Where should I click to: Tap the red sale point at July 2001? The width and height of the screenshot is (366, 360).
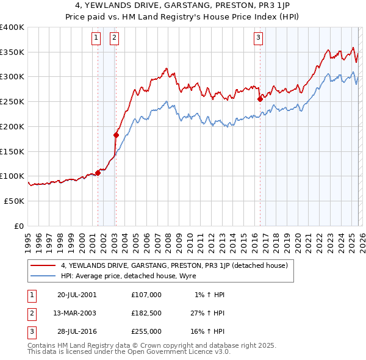[x=98, y=173]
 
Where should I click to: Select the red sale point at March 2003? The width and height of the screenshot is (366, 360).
[x=116, y=135]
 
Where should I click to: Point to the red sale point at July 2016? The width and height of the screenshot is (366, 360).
[x=260, y=99]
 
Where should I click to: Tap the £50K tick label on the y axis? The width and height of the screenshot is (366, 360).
[x=14, y=201]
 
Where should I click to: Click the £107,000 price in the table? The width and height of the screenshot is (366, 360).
[x=146, y=294]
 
